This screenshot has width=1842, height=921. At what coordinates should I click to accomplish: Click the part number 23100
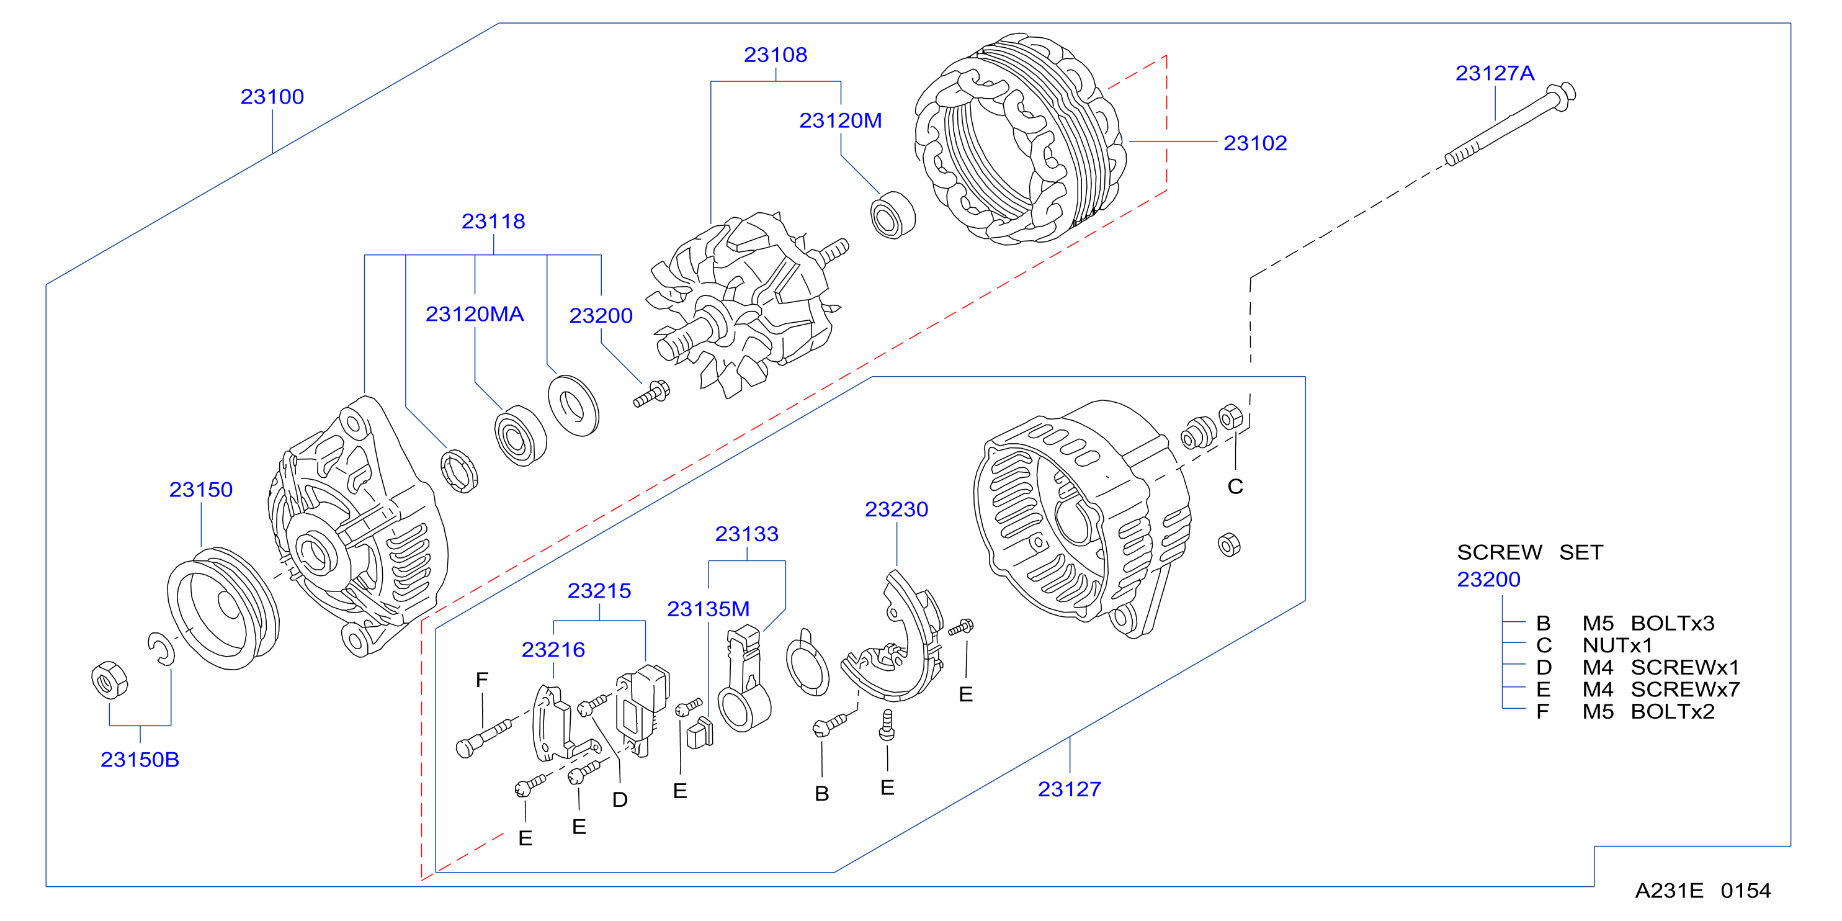272,97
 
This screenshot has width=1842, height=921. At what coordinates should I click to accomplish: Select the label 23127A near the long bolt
1495,73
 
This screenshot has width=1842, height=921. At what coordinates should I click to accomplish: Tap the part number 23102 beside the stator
1255,143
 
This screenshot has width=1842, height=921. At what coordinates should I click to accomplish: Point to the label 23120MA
474,314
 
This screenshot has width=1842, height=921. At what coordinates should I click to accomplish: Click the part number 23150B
140,760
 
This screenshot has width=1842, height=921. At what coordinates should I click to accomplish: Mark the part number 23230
896,509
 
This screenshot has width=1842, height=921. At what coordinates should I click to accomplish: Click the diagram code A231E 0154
1702,890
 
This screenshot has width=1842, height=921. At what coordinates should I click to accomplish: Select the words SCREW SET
1529,552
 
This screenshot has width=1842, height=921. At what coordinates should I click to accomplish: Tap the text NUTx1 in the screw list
1617,645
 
